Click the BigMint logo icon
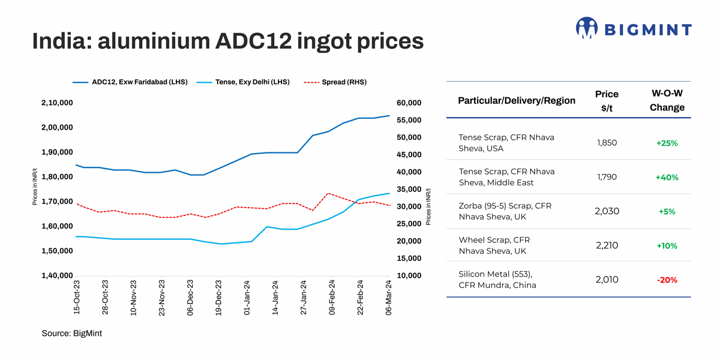click(586, 28)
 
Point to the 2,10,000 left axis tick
click(58, 103)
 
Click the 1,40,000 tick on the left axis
click(58, 276)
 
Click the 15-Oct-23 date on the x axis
click(77, 298)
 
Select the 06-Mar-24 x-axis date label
click(389, 298)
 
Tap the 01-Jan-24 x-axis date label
click(247, 298)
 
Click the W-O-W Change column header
click(667, 101)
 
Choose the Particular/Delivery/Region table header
click(517, 101)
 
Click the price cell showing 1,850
click(607, 143)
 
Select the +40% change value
click(667, 178)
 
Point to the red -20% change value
click(667, 280)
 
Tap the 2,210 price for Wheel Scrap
click(607, 245)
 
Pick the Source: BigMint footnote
click(72, 333)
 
